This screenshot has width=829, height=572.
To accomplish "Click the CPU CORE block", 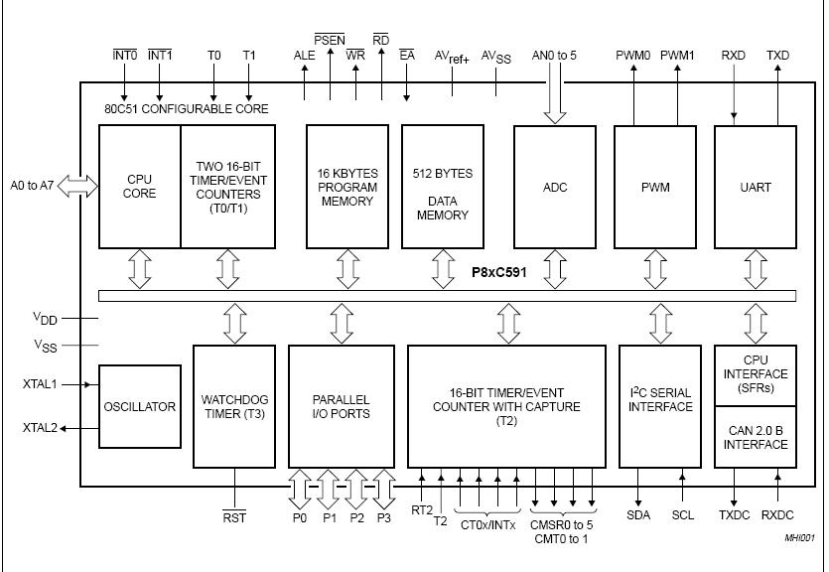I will pos(139,186).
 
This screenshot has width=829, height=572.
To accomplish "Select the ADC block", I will pos(555,186).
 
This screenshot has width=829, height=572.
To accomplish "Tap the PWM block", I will pos(655,186).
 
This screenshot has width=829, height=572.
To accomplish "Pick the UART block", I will pos(755,186).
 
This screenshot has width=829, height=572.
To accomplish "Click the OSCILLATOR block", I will pos(139,406).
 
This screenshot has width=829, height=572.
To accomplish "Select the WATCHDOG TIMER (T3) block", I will pos(233,406).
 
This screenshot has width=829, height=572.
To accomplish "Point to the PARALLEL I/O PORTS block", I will pos(340,406).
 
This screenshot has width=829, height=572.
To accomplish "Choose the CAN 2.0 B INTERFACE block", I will pos(755,437).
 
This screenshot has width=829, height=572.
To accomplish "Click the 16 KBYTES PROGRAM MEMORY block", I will pos(347,187).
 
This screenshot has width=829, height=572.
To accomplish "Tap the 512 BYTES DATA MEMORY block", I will pos(442,187).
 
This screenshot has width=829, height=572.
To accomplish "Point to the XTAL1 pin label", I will pos(40,383).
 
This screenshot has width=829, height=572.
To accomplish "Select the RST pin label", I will pos(234,517).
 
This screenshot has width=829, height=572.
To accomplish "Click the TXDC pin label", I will pos(735,514).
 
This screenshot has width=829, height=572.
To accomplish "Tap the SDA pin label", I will pos(638,514).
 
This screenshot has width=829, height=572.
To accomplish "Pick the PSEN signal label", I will pos(330,41).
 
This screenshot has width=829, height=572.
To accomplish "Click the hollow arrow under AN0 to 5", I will pos(555,98).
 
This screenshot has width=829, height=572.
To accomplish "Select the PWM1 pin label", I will pos(678,56).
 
